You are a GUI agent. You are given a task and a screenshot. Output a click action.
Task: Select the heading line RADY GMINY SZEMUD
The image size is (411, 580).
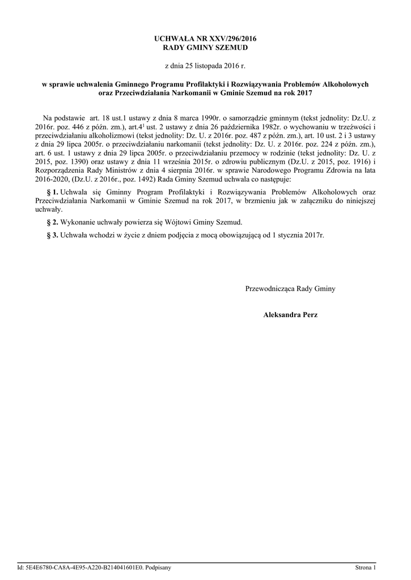click(x=205, y=48)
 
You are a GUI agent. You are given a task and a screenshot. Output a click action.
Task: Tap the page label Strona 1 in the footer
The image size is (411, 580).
click(x=365, y=567)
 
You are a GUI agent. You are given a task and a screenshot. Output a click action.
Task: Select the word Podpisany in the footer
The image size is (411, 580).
click(x=158, y=567)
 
